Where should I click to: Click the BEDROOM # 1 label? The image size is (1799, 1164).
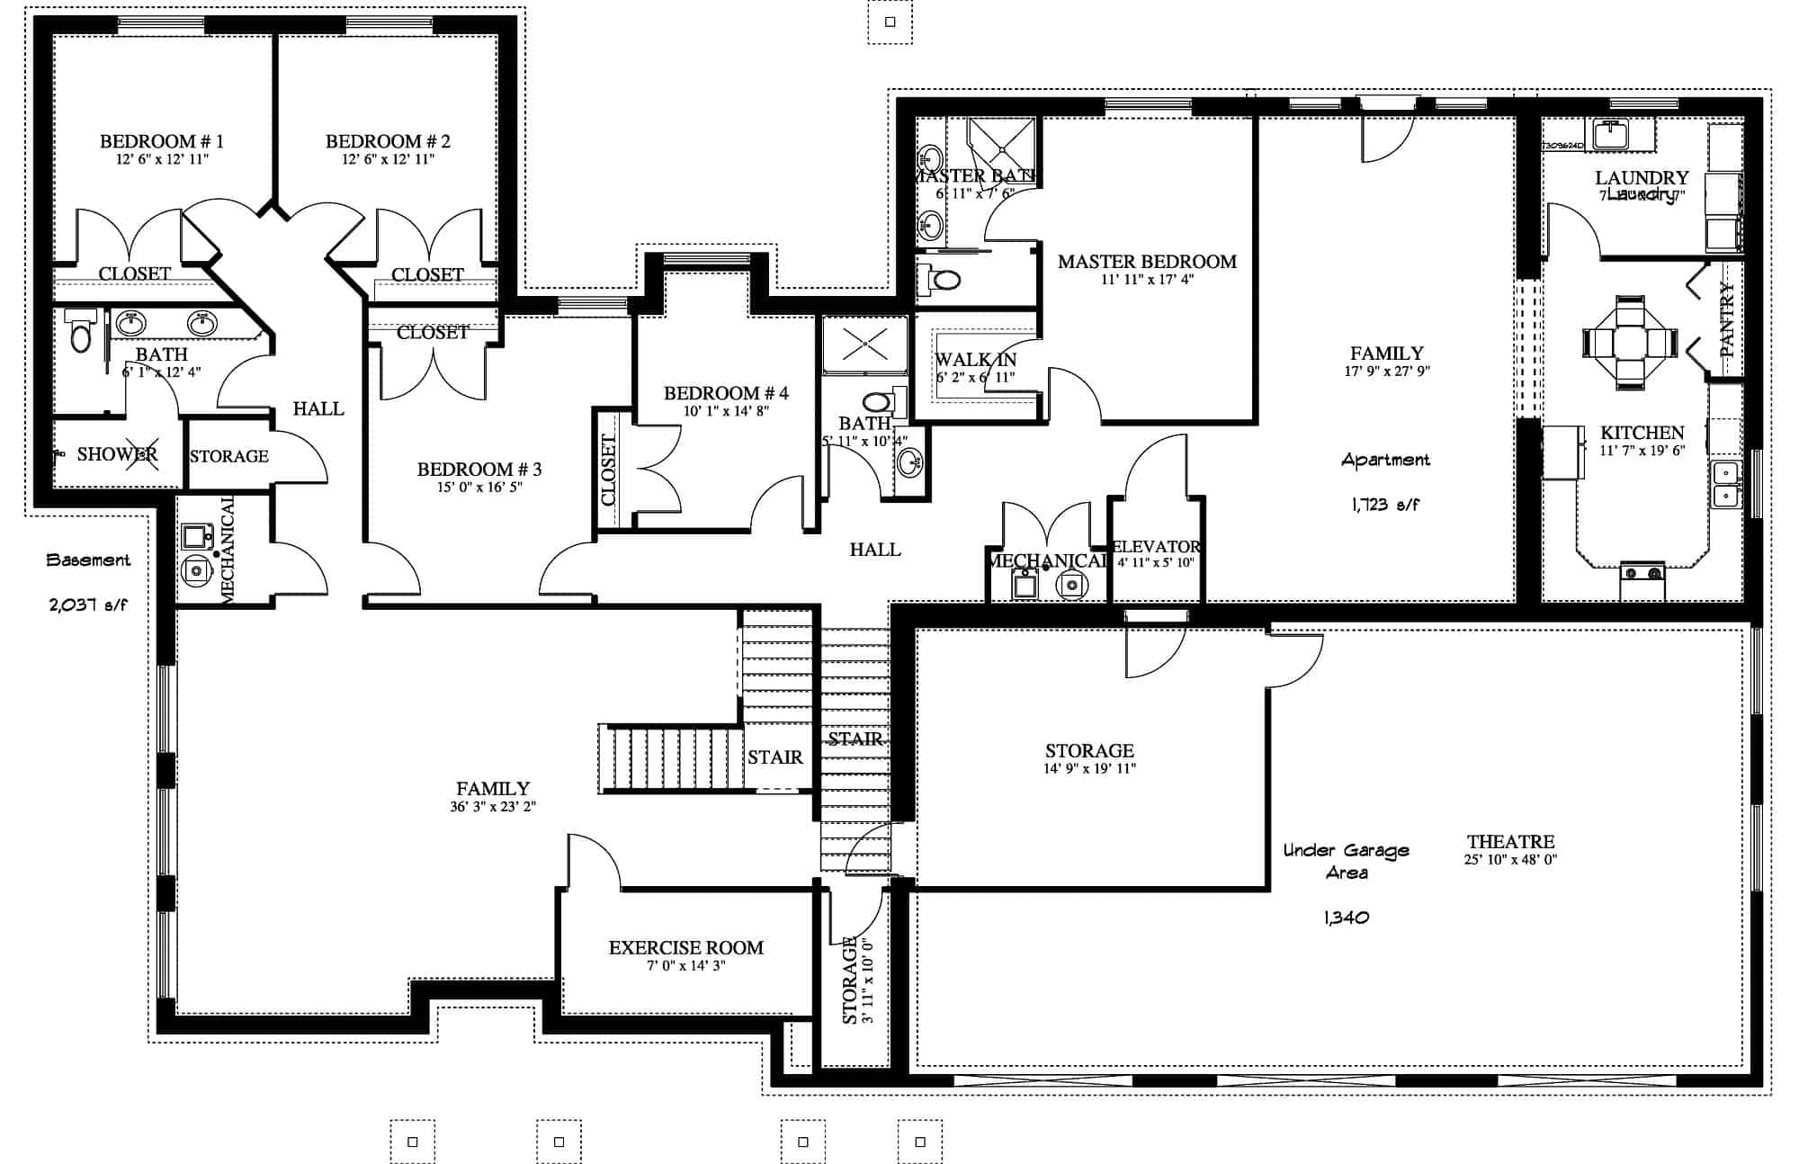161,141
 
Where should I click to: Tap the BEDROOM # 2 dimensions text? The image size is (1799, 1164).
388,159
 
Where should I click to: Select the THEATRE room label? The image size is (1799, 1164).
1510,842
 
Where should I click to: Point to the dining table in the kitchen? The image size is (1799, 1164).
1630,343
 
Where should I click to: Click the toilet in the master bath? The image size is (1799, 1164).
940,281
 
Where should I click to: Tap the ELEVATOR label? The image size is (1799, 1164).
1156,547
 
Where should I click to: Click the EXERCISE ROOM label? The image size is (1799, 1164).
685,948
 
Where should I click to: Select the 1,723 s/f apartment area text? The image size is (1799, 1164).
1384,506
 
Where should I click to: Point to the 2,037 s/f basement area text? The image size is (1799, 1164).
88,605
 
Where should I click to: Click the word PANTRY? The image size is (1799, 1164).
1727,320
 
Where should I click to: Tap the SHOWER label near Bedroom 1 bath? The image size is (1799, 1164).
117,454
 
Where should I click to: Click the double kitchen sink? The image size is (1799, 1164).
1725,485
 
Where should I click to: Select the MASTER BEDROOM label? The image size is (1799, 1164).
1147,262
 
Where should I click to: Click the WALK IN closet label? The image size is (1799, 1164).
975,360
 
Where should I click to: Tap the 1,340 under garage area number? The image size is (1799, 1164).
1346,918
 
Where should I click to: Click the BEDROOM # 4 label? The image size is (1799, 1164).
726,393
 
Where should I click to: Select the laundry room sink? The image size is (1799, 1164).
1612,135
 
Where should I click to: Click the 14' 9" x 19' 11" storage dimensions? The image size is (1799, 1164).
1088,769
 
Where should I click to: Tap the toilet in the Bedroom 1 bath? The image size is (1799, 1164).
82,334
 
